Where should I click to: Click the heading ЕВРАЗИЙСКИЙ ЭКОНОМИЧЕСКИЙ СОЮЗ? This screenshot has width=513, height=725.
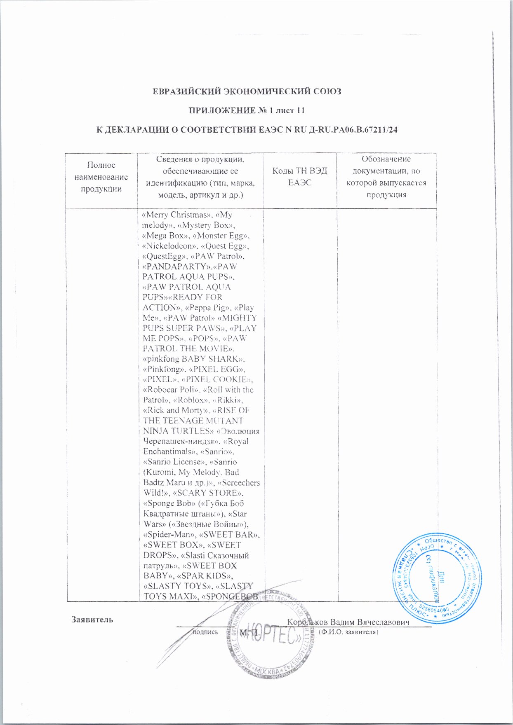pyautogui.click(x=247, y=91)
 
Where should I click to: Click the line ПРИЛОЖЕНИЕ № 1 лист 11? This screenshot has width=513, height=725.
pyautogui.click(x=247, y=110)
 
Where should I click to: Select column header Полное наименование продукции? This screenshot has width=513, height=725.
pyautogui.click(x=101, y=177)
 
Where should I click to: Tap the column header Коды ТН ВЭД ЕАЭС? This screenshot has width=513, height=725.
pyautogui.click(x=299, y=177)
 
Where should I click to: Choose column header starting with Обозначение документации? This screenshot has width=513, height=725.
pyautogui.click(x=386, y=177)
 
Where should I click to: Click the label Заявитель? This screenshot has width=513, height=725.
pyautogui.click(x=92, y=619)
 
